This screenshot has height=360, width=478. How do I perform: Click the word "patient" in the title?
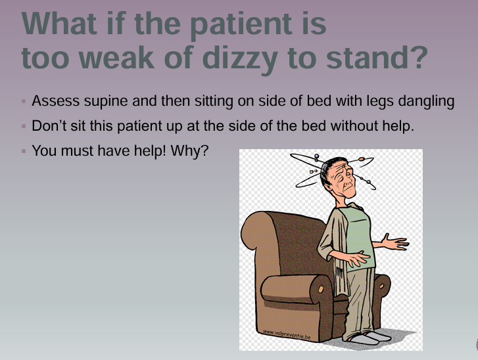click(x=222, y=24)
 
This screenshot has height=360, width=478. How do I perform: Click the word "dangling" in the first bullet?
click(x=427, y=102)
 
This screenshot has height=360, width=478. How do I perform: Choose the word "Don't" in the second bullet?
click(x=47, y=126)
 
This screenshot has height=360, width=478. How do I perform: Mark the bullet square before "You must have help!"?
click(x=24, y=151)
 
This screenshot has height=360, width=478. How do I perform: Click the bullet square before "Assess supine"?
click(x=24, y=102)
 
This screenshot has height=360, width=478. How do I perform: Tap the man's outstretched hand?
click(x=395, y=244)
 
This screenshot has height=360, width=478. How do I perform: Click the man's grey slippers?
click(x=368, y=337)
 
